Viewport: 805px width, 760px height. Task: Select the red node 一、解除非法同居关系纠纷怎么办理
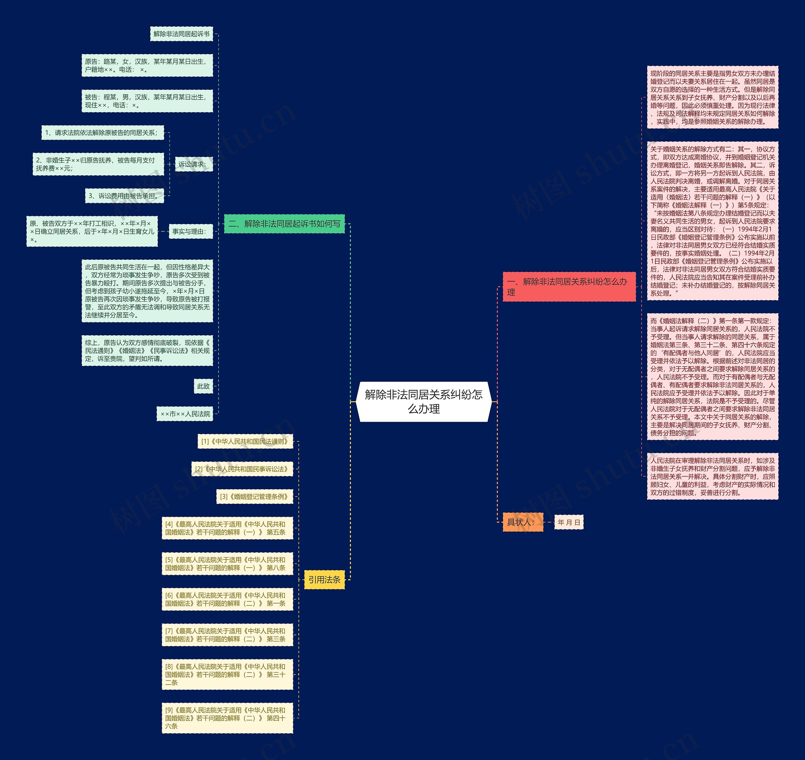pos(569,287)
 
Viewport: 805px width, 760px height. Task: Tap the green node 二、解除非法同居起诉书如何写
pos(284,224)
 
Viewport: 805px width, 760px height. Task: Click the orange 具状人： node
pos(522,522)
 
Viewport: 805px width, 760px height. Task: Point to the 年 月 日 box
pos(569,522)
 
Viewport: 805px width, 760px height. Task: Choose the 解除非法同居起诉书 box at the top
pos(181,34)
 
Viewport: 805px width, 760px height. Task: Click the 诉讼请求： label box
pos(193,164)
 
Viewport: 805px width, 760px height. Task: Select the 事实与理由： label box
pos(190,231)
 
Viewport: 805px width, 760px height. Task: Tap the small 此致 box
pos(203,386)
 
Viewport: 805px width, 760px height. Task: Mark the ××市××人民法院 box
pos(185,414)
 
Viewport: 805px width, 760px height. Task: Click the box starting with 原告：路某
pos(147,66)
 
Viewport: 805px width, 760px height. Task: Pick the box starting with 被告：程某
pos(147,101)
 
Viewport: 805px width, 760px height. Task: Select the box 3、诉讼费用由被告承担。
pos(125,196)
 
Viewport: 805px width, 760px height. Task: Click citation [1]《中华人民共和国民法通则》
pos(245,441)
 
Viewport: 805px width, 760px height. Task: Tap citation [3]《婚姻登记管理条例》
pos(254,496)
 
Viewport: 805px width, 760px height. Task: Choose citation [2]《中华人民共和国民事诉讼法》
pos(242,469)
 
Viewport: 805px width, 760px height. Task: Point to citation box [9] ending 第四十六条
pos(227,718)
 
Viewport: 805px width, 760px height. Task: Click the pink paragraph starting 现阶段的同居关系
pos(712,97)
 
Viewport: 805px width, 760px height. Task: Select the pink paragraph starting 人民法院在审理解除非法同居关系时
pos(712,476)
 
